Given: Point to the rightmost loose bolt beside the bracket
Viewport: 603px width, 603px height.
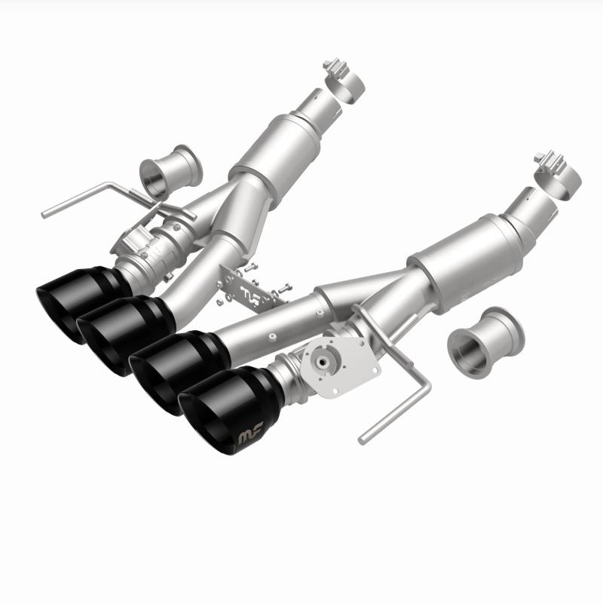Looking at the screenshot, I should pos(286,287).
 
